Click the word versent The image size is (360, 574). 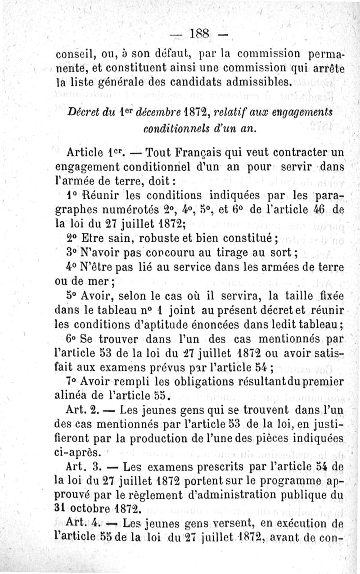[x=225, y=524]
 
